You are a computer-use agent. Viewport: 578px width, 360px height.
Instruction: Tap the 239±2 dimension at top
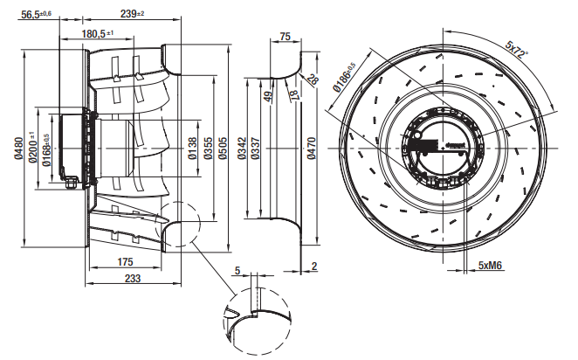tap(133, 13)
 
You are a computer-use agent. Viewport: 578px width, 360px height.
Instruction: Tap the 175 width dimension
tap(125, 262)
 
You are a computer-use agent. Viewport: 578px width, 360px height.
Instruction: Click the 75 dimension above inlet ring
tap(285, 37)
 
